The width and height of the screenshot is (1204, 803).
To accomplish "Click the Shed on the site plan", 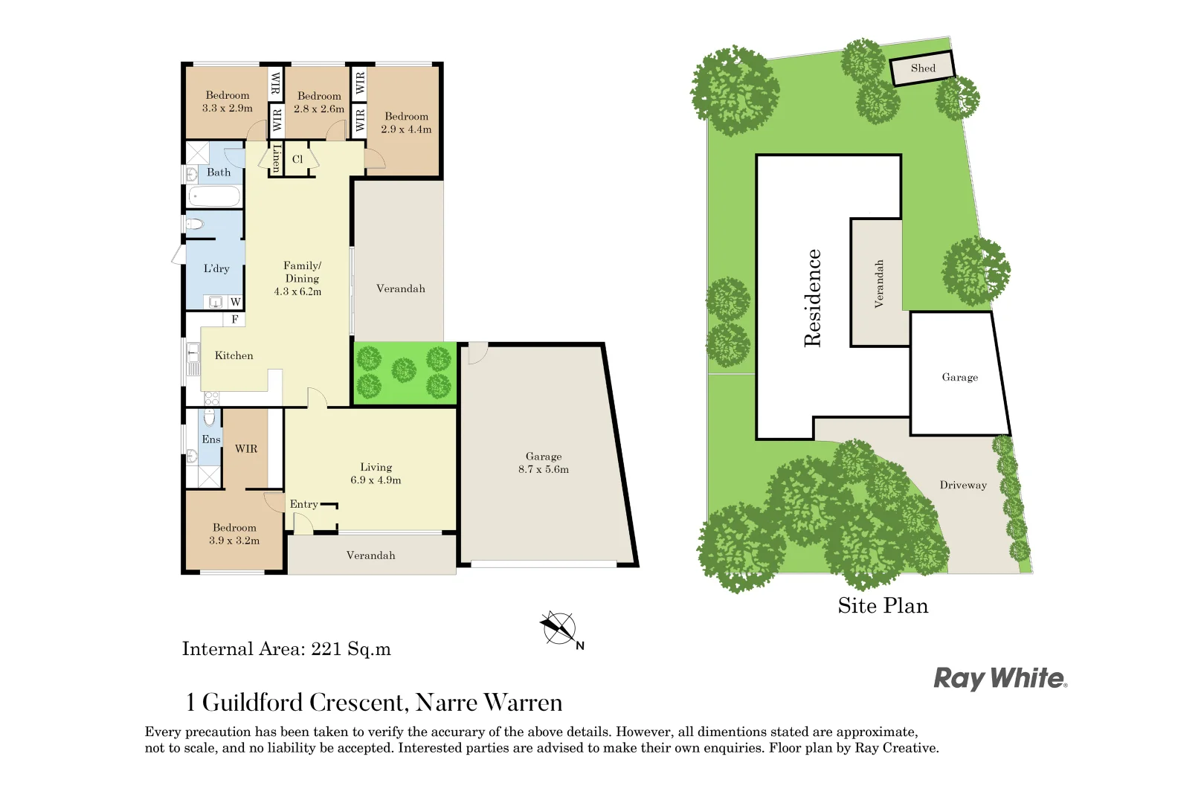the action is tap(922, 68).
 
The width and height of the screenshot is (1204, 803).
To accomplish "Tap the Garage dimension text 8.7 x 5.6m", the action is tap(544, 469).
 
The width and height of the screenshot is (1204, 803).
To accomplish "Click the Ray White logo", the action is tap(1000, 678).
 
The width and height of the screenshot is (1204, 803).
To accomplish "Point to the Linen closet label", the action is tap(277, 158).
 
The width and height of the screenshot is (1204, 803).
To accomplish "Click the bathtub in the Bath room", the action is tap(213, 197).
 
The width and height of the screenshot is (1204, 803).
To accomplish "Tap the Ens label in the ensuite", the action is tap(210, 439).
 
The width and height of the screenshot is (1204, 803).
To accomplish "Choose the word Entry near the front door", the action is tap(303, 504).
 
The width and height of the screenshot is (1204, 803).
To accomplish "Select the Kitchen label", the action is tap(234, 355).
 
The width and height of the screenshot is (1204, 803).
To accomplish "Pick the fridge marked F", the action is tap(234, 319).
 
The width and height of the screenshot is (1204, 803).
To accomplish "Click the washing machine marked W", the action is tap(235, 302).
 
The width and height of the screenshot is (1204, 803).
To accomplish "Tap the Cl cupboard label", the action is tap(297, 159).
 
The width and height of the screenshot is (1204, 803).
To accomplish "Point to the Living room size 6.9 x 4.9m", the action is tap(376, 480).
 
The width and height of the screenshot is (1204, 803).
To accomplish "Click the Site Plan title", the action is tap(883, 606).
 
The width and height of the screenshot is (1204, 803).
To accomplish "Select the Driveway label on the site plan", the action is tap(963, 486).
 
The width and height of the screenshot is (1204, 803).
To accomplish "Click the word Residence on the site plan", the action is tap(813, 298).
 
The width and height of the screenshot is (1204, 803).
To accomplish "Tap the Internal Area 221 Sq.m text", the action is tap(286, 649).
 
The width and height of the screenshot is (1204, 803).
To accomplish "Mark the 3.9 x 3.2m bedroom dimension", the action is tap(234, 541).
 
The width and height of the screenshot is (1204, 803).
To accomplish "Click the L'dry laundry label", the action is tap(216, 268).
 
